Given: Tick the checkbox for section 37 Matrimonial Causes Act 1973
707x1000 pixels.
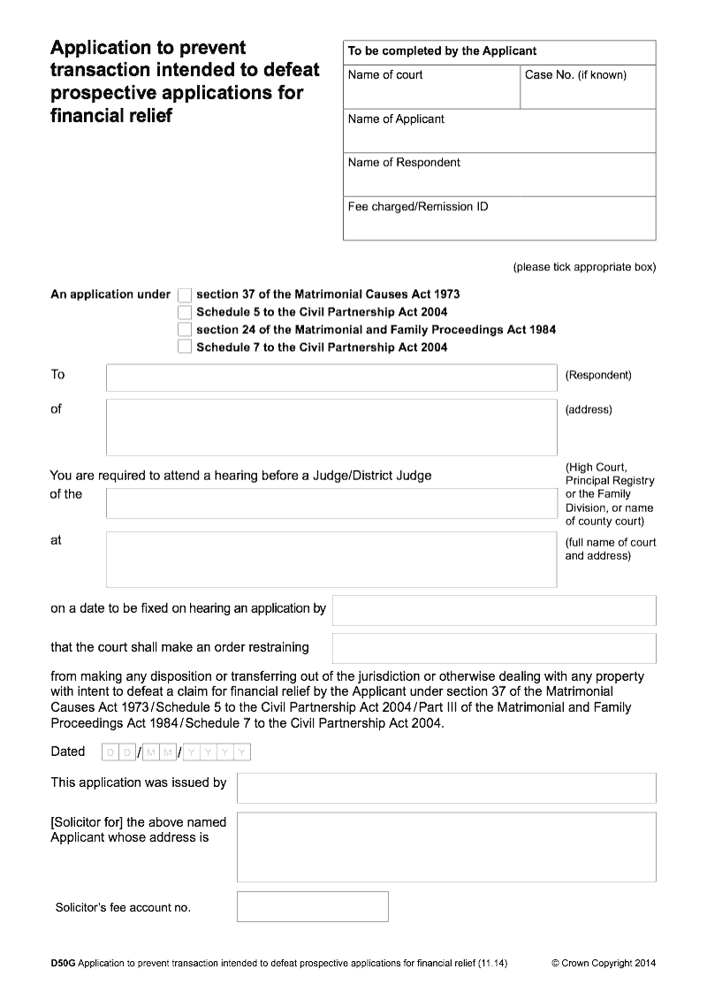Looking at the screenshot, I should coord(185,294).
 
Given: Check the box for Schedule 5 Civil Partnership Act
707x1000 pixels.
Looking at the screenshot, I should coord(185,312).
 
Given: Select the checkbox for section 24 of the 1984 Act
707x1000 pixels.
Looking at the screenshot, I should coord(185,330).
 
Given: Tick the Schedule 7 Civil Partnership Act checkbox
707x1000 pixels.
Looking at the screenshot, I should coord(185,347).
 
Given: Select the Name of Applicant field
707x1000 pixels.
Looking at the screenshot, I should coord(499,136).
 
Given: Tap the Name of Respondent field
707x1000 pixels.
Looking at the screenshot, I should coord(499,179).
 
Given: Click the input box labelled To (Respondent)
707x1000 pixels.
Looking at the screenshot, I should coord(331,378).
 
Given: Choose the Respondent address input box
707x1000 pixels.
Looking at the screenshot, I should coord(331,427).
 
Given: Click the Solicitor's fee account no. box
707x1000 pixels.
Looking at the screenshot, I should coord(312,906).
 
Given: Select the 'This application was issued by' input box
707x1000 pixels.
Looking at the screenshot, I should coord(446,788).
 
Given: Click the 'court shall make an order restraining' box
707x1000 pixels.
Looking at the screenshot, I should coord(494,648).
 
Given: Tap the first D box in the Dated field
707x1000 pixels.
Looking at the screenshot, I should coord(110,752).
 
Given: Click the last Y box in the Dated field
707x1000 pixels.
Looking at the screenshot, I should coord(243,752).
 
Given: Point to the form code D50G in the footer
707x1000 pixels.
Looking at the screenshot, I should coord(63,963).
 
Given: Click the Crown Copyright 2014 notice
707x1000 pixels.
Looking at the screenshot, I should coord(604,963).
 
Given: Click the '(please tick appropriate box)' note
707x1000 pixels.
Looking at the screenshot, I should coord(584,267).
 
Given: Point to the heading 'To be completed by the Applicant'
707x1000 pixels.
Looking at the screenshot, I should coord(442,51).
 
